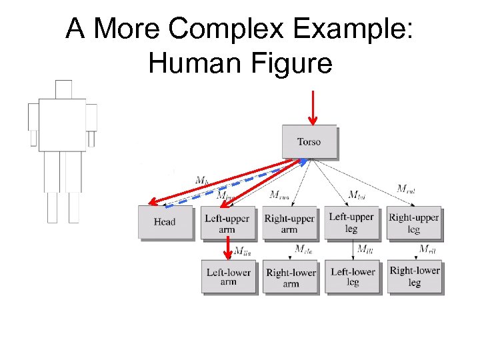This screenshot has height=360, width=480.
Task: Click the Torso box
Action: click(x=309, y=141)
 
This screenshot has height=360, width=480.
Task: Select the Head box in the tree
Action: click(x=164, y=222)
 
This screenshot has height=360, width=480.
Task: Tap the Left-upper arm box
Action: click(x=227, y=223)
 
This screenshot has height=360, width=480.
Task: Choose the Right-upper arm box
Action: click(x=289, y=223)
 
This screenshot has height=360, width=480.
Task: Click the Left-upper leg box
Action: click(x=351, y=223)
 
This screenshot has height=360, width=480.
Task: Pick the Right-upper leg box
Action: click(x=414, y=223)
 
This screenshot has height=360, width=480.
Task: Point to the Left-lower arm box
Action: click(x=228, y=277)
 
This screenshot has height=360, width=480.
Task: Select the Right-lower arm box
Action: click(x=291, y=277)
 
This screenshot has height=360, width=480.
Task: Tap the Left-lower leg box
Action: click(x=353, y=277)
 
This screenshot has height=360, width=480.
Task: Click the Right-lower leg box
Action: click(x=414, y=276)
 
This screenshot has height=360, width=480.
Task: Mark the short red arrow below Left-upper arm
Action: click(x=229, y=250)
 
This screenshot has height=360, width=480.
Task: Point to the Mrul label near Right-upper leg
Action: click(x=406, y=189)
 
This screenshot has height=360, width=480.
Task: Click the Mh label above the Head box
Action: click(x=202, y=180)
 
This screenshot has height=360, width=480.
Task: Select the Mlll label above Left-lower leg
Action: click(x=365, y=249)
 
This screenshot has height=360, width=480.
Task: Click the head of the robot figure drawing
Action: click(x=63, y=89)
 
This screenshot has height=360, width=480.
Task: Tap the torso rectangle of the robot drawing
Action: click(x=62, y=125)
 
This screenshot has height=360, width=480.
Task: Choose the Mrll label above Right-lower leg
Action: click(x=427, y=249)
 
